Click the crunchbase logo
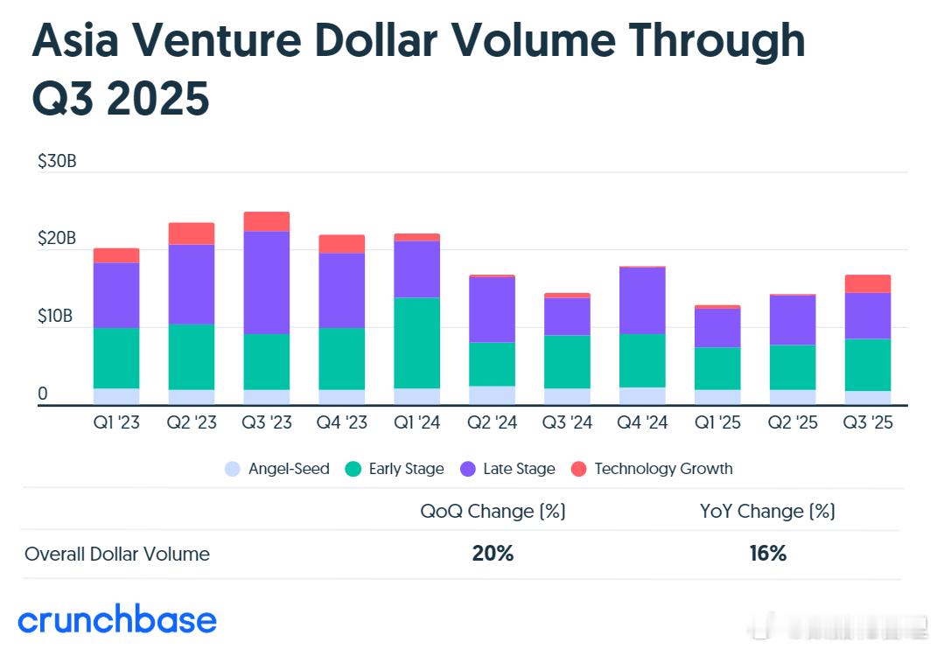(x=117, y=619)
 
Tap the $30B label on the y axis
(x=56, y=162)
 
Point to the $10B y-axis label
(x=56, y=317)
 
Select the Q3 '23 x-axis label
(x=266, y=422)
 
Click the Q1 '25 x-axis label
(x=717, y=422)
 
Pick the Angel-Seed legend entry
(x=277, y=469)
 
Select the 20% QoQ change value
(x=493, y=554)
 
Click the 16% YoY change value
(x=767, y=554)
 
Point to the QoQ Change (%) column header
(x=493, y=511)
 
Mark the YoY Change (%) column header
(x=767, y=511)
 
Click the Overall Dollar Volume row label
(x=117, y=554)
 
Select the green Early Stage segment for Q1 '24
(x=416, y=343)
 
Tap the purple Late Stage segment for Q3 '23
(x=266, y=283)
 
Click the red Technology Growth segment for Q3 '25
(x=868, y=283)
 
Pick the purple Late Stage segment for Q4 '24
(x=642, y=300)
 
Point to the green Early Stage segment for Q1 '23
(x=116, y=358)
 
